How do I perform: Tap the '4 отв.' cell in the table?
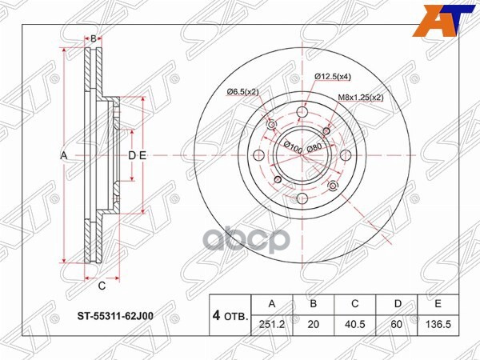[230, 315]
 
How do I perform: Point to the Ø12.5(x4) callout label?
[332, 76]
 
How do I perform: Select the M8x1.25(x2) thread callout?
[360, 97]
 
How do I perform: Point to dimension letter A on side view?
[63, 155]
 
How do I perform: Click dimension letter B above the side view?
[93, 38]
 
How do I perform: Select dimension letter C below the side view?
[102, 286]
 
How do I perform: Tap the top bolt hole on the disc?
[302, 111]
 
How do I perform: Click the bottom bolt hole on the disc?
[302, 199]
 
